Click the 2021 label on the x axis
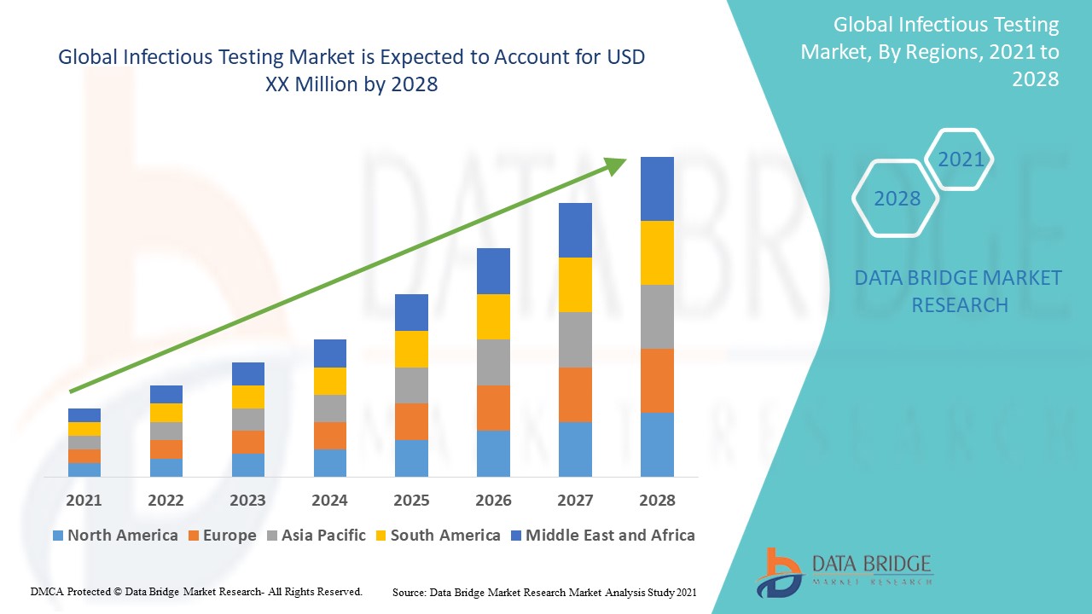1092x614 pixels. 84,500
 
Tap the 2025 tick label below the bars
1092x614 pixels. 411,500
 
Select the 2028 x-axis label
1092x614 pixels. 657,500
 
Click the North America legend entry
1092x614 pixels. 115,536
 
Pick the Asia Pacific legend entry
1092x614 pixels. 317,536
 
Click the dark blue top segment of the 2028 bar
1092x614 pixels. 657,188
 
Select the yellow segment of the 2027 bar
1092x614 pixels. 575,284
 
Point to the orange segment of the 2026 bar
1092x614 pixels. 493,408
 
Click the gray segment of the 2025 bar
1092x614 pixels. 411,385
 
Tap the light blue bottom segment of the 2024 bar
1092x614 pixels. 329,462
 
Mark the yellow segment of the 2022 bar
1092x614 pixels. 166,412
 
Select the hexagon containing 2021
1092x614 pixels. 961,159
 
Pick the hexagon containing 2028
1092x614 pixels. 897,199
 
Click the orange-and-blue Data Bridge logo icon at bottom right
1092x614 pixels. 778,571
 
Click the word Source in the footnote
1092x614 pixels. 409,592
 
